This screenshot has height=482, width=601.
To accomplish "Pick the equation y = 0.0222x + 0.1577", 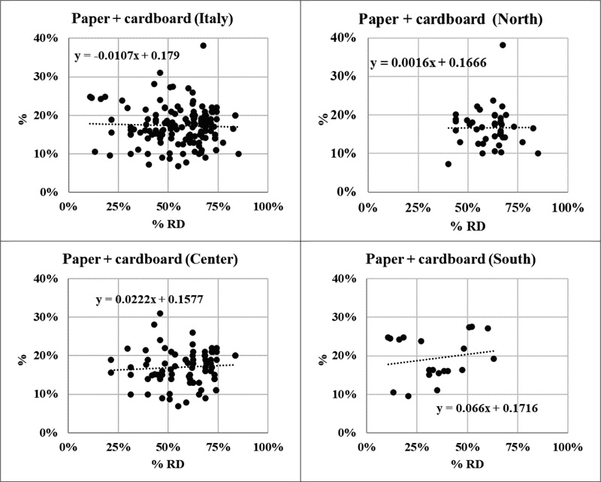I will [149, 300].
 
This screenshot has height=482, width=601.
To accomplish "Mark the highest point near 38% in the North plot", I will [503, 45].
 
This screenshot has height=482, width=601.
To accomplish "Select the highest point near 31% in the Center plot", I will [160, 314].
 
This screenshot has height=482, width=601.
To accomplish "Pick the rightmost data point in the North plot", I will [538, 153].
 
